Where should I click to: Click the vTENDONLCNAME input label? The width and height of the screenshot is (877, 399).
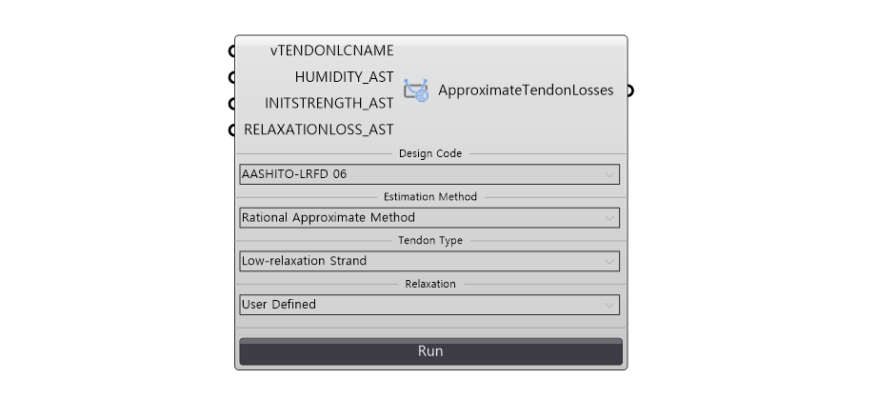pyautogui.click(x=332, y=50)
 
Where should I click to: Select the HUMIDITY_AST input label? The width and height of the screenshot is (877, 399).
pyautogui.click(x=344, y=77)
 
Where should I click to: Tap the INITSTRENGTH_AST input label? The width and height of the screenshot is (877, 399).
pyautogui.click(x=329, y=104)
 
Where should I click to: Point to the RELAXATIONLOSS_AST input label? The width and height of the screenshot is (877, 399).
pyautogui.click(x=319, y=130)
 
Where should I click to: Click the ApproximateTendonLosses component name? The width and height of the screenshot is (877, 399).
pyautogui.click(x=526, y=90)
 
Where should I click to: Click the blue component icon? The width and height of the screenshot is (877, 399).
pyautogui.click(x=416, y=90)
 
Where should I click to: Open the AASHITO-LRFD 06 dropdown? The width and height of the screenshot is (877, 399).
pyautogui.click(x=429, y=174)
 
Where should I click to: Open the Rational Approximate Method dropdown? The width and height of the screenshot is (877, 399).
pyautogui.click(x=429, y=218)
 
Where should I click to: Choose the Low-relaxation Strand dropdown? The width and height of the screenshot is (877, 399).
pyautogui.click(x=429, y=261)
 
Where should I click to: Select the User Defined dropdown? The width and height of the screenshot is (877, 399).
pyautogui.click(x=429, y=305)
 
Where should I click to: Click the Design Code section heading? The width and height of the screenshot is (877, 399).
pyautogui.click(x=430, y=153)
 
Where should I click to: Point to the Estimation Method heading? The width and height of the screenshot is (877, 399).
pyautogui.click(x=430, y=197)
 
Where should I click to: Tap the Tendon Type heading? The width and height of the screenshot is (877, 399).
pyautogui.click(x=430, y=241)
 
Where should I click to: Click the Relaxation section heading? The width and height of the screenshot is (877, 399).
pyautogui.click(x=430, y=285)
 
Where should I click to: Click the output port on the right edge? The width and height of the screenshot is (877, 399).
pyautogui.click(x=629, y=90)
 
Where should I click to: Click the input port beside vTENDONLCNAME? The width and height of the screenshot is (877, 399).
pyautogui.click(x=233, y=50)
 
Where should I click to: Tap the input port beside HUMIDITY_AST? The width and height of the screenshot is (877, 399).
pyautogui.click(x=233, y=77)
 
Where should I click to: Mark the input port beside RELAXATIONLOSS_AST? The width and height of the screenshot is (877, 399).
pyautogui.click(x=233, y=130)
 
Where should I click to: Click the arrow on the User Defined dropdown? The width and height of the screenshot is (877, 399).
pyautogui.click(x=609, y=305)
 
